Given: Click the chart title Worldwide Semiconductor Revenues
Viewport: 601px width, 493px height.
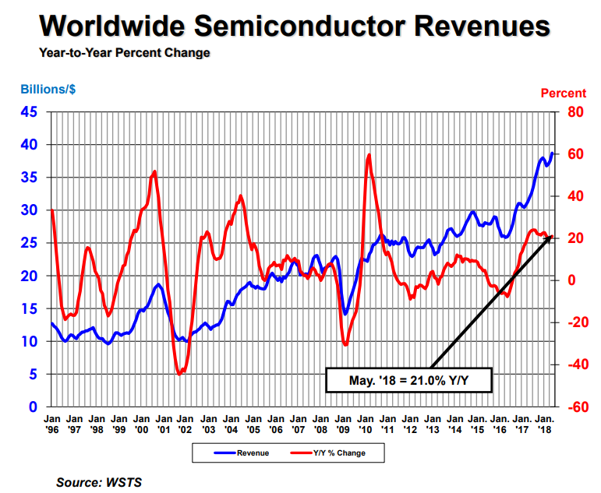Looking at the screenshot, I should [295, 26].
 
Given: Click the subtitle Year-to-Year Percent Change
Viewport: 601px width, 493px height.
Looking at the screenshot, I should [124, 54].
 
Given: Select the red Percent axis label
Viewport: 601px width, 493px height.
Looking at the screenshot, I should [563, 94].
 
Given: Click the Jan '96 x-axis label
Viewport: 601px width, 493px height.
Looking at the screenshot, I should [51, 423].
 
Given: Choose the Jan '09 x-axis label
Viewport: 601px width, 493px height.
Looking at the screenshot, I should [343, 423].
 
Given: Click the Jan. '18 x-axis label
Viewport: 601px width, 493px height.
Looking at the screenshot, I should [545, 423].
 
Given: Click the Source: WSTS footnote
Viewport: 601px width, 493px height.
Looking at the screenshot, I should [99, 483].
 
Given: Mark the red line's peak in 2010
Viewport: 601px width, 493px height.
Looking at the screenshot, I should [369, 154].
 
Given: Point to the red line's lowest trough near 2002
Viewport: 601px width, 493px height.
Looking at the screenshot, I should [180, 375].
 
